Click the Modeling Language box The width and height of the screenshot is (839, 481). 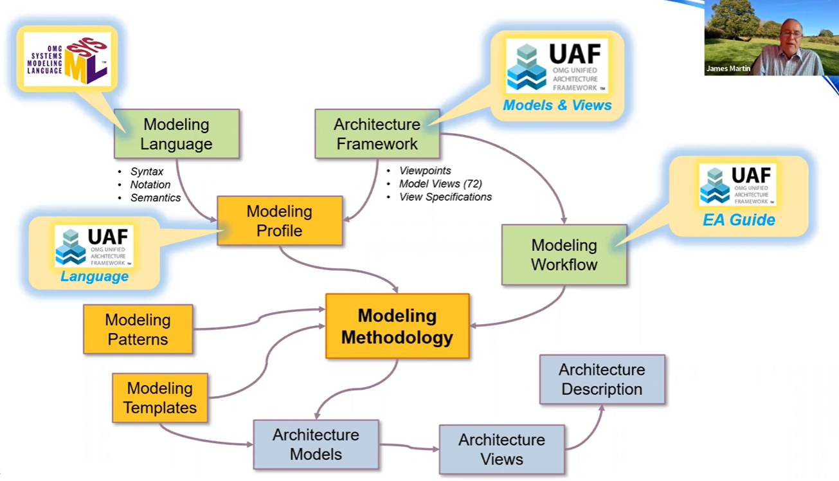(x=176, y=134)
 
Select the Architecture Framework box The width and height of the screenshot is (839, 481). (x=377, y=134)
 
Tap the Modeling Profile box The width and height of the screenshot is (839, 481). (x=279, y=221)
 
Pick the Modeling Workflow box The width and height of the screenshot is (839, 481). (x=564, y=255)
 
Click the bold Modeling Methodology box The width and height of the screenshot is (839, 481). (x=397, y=326)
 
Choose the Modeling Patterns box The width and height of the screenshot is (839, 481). (x=138, y=329)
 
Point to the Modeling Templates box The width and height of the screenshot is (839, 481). (x=159, y=398)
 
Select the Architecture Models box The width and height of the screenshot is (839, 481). (x=316, y=444)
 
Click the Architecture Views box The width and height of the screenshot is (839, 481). (x=501, y=449)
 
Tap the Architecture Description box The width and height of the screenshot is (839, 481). (x=602, y=379)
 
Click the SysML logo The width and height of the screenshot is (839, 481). (x=68, y=59)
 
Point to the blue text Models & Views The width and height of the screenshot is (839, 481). (x=557, y=105)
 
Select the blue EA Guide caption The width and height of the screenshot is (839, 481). (x=738, y=220)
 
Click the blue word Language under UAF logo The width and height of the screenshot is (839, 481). (x=95, y=277)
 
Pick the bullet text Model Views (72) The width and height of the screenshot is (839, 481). (x=440, y=184)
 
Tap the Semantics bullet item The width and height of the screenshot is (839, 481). (x=156, y=198)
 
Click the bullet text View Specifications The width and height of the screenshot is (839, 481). (x=446, y=197)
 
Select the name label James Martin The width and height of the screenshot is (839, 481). (x=728, y=68)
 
